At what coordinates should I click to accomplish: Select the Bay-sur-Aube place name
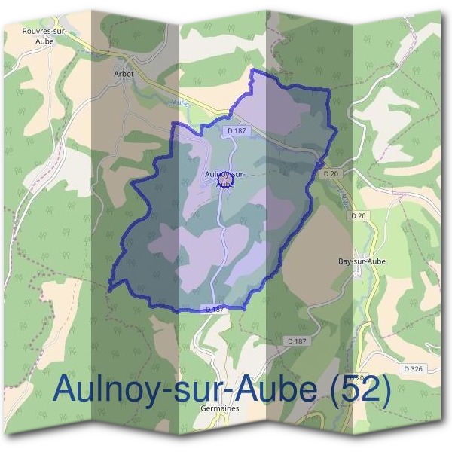click(363, 261)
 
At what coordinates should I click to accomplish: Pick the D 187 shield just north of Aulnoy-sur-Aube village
click(236, 130)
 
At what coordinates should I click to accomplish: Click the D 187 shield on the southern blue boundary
click(215, 309)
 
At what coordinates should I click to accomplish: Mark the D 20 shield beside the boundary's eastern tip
click(331, 173)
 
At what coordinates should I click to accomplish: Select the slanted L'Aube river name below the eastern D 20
click(343, 197)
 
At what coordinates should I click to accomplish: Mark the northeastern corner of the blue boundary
click(328, 91)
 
